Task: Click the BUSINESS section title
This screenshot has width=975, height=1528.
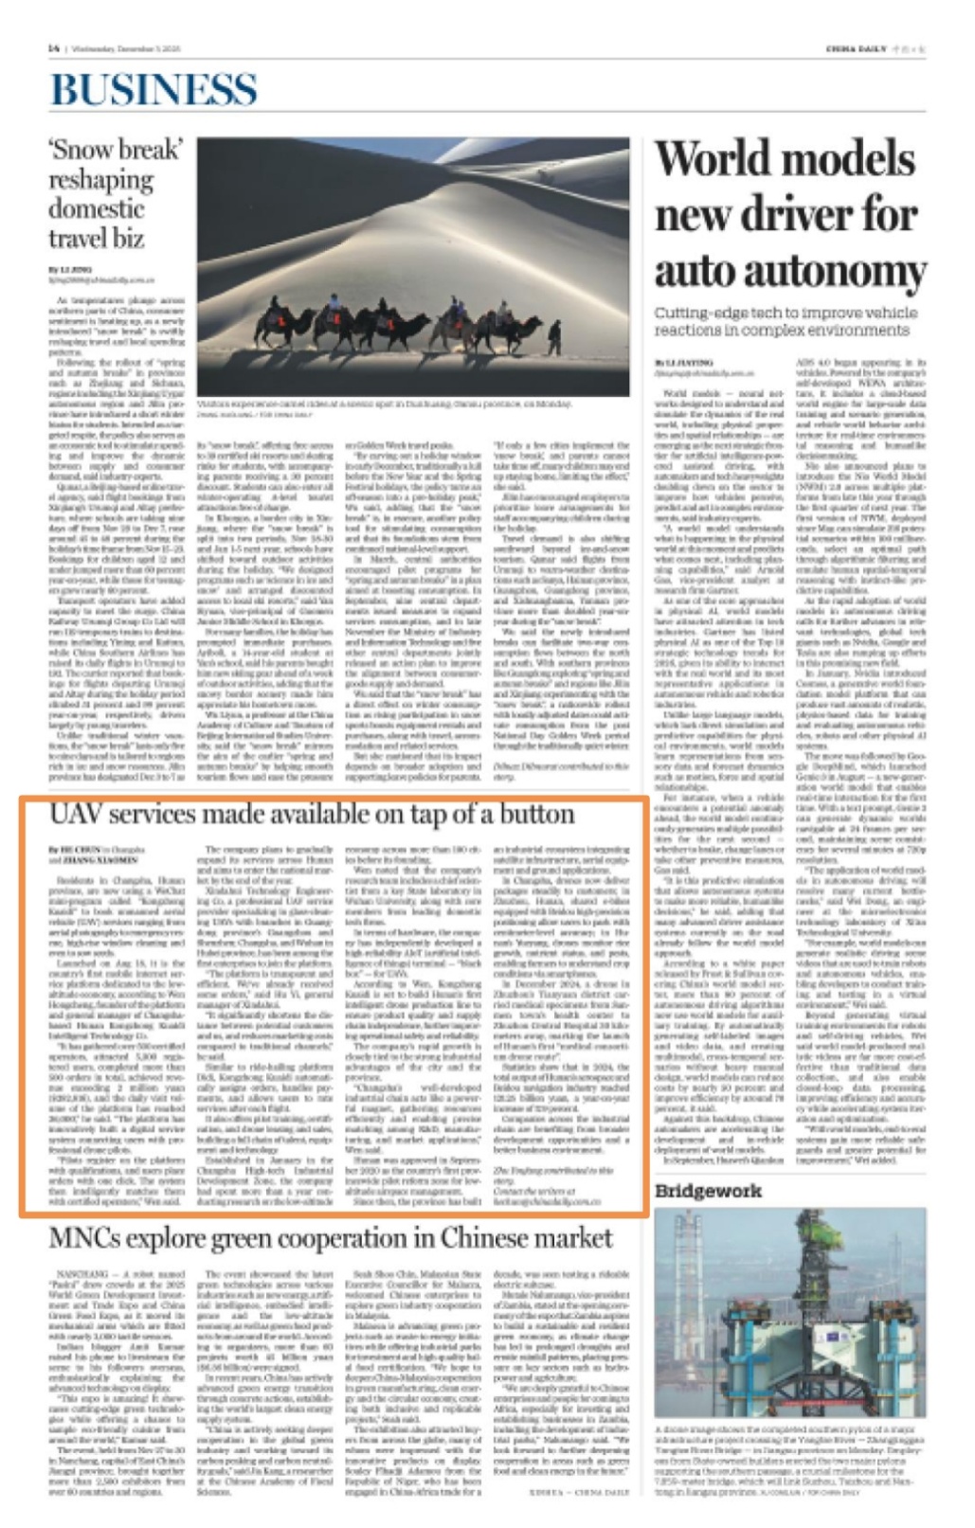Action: point(153,89)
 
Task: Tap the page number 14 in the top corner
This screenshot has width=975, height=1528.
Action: point(53,49)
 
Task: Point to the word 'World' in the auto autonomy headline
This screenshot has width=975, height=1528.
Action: point(713,157)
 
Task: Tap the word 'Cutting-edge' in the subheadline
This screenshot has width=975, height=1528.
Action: point(696,313)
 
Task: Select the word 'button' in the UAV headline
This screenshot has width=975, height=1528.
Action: point(538,815)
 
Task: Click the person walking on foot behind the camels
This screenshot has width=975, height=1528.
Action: point(554,336)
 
